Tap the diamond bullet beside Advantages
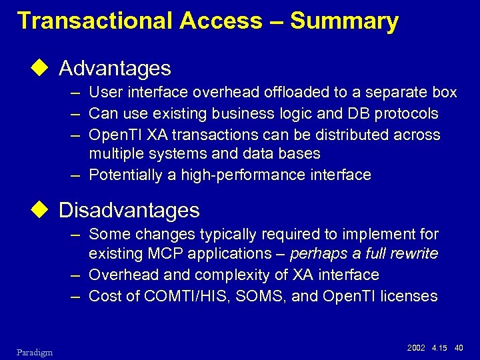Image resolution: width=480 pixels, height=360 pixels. (x=43, y=68)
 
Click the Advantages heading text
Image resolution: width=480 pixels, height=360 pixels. (x=115, y=68)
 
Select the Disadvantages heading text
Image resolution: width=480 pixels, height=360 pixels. (x=129, y=211)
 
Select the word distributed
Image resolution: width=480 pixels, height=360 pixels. (x=352, y=135)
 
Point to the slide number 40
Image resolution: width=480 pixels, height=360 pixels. (x=458, y=347)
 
